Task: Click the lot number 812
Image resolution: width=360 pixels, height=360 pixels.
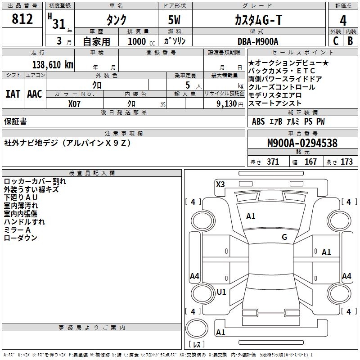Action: click(22, 19)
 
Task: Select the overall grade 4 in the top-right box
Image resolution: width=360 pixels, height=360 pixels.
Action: click(343, 21)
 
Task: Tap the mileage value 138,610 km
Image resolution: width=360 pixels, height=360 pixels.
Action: click(53, 64)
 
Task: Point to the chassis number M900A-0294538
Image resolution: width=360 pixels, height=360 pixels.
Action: click(302, 143)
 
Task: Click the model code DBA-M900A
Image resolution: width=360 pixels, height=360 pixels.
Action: click(258, 41)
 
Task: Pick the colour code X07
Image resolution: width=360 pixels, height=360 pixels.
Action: click(74, 104)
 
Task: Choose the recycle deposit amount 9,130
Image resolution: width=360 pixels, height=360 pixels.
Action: click(226, 104)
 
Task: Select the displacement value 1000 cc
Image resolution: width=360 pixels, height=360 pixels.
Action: click(141, 41)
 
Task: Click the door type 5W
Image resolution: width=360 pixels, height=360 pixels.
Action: click(174, 20)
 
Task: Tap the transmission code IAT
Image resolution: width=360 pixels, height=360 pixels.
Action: click(13, 94)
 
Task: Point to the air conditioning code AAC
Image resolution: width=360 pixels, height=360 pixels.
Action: click(35, 94)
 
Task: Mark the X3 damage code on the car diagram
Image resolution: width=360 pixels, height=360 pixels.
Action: click(220, 184)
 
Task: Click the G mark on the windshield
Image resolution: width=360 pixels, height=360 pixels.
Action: click(284, 237)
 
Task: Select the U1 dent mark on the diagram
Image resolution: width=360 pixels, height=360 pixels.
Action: click(221, 292)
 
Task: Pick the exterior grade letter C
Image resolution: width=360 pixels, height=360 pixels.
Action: click(336, 41)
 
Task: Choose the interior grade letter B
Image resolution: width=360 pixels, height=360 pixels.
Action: click(350, 41)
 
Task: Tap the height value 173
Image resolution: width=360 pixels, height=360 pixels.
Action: click(346, 162)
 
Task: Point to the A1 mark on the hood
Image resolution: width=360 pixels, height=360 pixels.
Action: click(251, 216)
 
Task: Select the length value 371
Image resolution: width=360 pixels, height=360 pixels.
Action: click(273, 162)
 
